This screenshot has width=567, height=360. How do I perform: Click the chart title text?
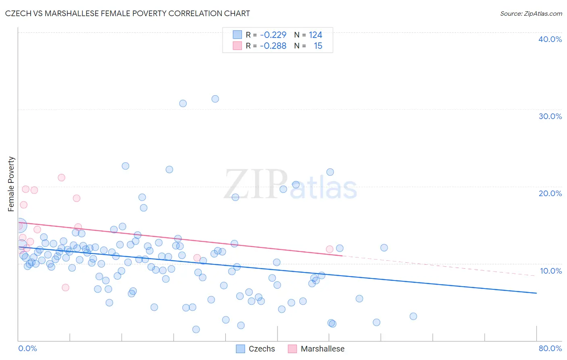click(x=127, y=13)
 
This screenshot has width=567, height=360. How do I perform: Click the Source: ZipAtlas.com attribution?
click(x=531, y=13)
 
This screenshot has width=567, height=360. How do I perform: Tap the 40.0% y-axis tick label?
click(x=550, y=39)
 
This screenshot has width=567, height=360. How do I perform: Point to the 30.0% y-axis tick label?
click(x=550, y=116)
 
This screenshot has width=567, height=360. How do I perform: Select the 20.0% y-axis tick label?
click(x=550, y=193)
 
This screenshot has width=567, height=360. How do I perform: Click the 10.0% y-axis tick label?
click(x=550, y=271)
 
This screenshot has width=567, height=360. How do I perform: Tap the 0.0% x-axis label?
click(x=27, y=348)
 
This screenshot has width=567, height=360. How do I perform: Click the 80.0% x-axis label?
click(x=550, y=348)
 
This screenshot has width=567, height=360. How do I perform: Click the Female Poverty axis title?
click(x=11, y=184)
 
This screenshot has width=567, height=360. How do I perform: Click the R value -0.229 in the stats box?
click(x=273, y=35)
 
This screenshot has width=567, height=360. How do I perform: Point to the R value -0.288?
click(x=273, y=46)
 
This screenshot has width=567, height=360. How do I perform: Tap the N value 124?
click(x=315, y=35)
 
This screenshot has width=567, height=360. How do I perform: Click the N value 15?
click(x=318, y=46)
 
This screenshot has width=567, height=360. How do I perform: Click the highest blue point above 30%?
click(x=215, y=99)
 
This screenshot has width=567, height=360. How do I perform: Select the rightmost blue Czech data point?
click(x=413, y=316)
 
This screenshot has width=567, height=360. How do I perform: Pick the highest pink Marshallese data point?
click(x=61, y=178)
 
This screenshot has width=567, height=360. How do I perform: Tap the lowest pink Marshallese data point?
click(x=65, y=287)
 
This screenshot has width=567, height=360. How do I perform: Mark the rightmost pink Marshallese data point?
click(x=329, y=249)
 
